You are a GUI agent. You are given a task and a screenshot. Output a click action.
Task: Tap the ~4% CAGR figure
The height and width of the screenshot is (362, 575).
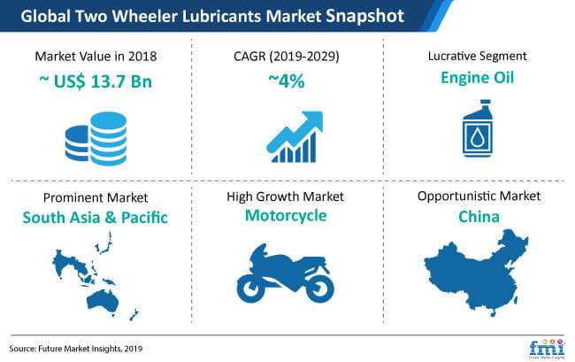click(287, 81)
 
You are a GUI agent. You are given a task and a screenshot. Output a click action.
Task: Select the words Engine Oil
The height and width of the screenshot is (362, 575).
click(477, 78)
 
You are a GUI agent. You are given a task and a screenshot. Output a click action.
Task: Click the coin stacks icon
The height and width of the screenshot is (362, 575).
click(96, 139)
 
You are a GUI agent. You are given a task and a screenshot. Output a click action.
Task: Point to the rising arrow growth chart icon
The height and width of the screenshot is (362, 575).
click(295, 137)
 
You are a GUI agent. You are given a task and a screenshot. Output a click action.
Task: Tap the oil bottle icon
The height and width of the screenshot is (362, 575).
click(478, 128)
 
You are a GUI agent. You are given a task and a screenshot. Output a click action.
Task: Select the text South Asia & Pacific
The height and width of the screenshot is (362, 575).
click(96, 218)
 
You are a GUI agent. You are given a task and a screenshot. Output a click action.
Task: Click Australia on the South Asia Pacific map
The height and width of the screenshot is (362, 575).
click(103, 302)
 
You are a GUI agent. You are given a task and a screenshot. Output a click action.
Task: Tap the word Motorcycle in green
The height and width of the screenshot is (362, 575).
click(286, 216)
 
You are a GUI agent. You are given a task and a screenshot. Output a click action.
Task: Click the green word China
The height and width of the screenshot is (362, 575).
click(479, 217)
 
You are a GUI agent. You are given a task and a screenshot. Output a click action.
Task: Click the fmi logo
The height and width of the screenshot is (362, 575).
click(547, 349)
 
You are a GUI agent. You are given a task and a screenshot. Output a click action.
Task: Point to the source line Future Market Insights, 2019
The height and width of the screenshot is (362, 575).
click(76, 349)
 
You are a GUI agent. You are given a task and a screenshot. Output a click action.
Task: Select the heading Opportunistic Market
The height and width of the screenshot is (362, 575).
click(479, 196)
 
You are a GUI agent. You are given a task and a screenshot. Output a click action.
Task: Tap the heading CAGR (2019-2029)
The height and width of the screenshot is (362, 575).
click(287, 56)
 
